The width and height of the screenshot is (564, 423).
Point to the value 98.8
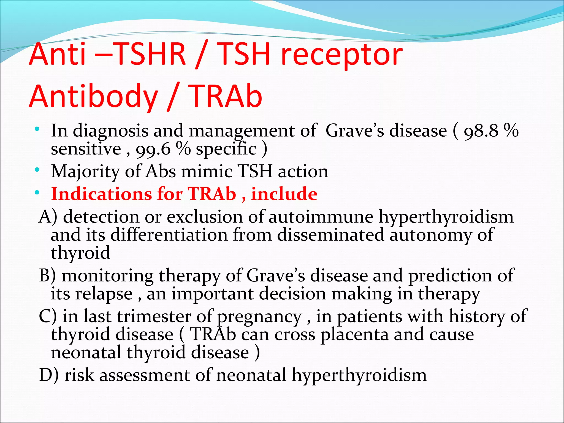[481, 131]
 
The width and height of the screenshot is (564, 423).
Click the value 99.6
[153, 150]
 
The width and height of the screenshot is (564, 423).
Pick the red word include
[284, 194]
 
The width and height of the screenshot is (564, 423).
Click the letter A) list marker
[48, 217]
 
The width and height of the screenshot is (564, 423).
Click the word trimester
[154, 316]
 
